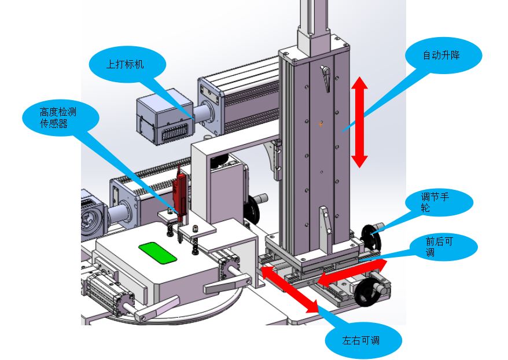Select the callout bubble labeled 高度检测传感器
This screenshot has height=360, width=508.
[x=58, y=117]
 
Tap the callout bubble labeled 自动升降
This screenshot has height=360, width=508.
[x=443, y=56]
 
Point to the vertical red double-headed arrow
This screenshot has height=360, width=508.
[x=360, y=123]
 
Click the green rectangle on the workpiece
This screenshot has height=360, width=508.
[x=158, y=253]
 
